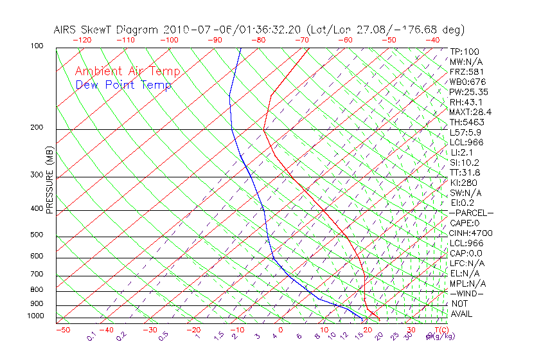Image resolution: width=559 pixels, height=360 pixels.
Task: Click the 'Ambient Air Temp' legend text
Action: pyautogui.click(x=128, y=71)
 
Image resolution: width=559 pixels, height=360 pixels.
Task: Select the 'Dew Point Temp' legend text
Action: pyautogui.click(x=123, y=85)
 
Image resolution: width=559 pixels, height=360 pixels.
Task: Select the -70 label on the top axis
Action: pyautogui.click(x=301, y=40)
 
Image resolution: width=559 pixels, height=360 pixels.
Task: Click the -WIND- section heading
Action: pyautogui.click(x=467, y=293)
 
